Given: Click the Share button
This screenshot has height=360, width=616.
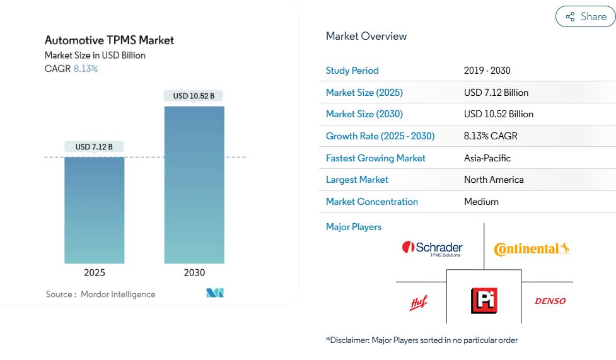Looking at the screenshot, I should [x=585, y=16].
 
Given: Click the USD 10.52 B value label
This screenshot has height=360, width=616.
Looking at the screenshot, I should [x=194, y=96].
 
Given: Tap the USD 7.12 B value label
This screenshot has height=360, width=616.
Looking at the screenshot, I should [x=94, y=147].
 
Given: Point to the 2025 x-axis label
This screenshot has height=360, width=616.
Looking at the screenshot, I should [x=95, y=273].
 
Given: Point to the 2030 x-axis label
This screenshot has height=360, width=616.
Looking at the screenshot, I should [x=194, y=273].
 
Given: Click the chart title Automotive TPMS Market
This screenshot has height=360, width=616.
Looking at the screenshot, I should [x=109, y=40].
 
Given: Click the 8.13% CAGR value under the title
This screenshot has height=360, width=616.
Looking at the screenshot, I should [x=86, y=69].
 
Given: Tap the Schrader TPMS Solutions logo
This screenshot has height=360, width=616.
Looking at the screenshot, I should [x=433, y=248].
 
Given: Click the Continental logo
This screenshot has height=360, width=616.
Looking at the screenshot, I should [x=532, y=249].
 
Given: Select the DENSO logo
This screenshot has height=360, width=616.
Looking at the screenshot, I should [x=550, y=301].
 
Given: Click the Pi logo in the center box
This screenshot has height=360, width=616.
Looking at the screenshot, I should [x=484, y=301].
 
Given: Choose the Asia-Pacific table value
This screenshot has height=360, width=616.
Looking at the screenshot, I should [x=487, y=158].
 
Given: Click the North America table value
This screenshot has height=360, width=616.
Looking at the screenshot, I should [x=494, y=180].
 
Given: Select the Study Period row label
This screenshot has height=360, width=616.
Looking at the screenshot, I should [x=352, y=71].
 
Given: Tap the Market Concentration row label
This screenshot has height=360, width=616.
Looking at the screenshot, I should [x=372, y=202].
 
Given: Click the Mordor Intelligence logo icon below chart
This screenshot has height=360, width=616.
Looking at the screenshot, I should [x=215, y=293].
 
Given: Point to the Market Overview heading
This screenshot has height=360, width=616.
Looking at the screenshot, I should [x=366, y=36].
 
